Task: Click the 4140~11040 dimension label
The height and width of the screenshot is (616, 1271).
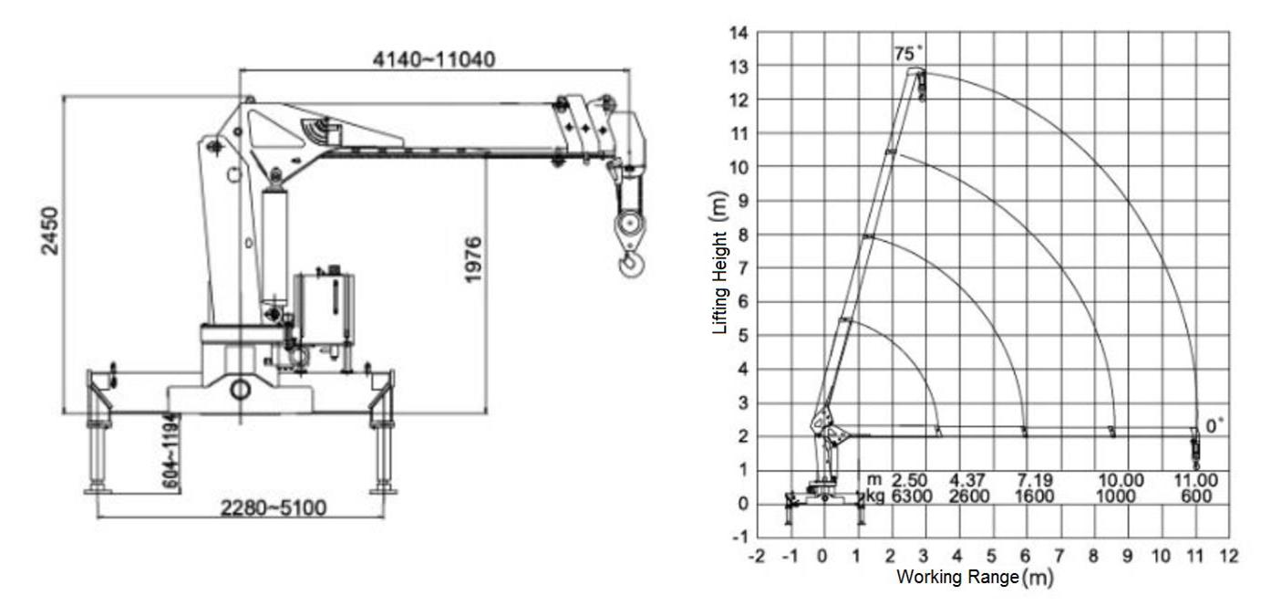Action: pyautogui.click(x=434, y=60)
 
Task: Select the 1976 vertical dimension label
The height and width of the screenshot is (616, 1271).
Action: pyautogui.click(x=472, y=259)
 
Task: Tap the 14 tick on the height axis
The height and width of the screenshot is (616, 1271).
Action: pyautogui.click(x=739, y=33)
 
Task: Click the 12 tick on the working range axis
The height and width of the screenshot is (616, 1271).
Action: pyautogui.click(x=1228, y=556)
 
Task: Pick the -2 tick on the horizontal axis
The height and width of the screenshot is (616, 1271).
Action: pyautogui.click(x=756, y=556)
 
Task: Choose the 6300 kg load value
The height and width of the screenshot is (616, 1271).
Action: pyautogui.click(x=908, y=496)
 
